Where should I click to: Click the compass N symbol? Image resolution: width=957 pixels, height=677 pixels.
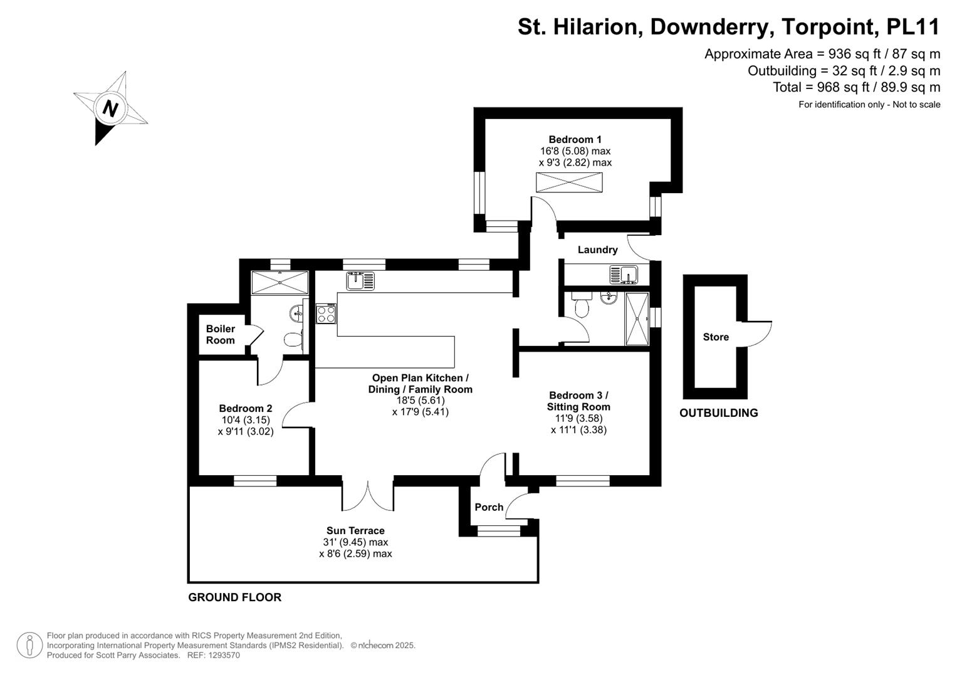coord(110,108)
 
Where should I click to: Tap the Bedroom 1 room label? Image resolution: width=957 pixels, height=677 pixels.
coord(575,139)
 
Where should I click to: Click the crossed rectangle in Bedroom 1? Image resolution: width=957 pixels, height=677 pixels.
coord(568,182)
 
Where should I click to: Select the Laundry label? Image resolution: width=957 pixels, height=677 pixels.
coord(597,249)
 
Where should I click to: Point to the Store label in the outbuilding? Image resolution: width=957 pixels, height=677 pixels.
coord(716,337)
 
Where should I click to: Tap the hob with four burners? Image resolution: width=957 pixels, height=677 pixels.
coord(326,313)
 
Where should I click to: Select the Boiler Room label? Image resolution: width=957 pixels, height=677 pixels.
coord(220,334)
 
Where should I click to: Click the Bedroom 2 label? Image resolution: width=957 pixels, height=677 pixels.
coord(245,408)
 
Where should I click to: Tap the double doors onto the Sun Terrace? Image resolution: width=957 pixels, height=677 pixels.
coord(368,496)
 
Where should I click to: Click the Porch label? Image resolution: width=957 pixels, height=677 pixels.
coord(489,507)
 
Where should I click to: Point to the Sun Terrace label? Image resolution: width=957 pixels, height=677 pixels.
coord(355,530)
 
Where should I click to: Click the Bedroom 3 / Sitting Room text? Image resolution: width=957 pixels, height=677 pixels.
coord(578,401)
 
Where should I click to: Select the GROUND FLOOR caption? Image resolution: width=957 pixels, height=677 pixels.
coord(234,597)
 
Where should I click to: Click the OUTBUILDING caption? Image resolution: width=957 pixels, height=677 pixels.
coord(718,412)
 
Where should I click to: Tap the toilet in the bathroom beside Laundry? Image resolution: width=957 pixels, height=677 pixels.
coord(582,308)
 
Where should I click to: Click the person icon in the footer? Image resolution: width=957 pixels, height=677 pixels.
coord(29,645)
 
